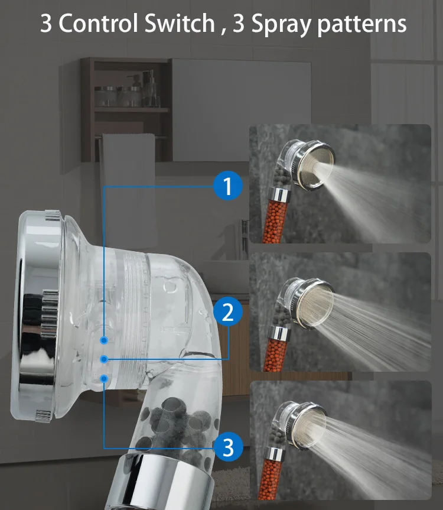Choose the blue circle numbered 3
click(227, 447)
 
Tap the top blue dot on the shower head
click(104, 340)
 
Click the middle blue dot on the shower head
click(104, 359)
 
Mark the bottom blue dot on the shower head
click(104, 377)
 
